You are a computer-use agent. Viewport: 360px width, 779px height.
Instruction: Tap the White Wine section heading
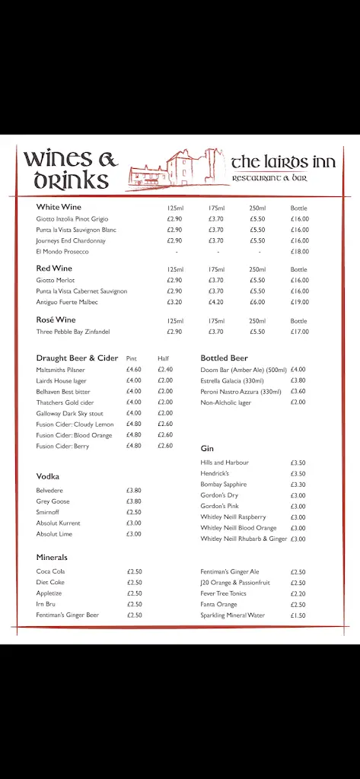pos(59,207)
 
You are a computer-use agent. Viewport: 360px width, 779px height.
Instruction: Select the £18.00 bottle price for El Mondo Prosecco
pos(299,252)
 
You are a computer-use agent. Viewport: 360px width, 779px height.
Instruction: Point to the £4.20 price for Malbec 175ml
pos(216,302)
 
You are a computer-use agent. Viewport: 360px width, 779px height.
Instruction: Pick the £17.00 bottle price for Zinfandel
pos(299,332)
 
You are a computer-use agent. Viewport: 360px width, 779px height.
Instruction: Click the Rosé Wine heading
pos(56,320)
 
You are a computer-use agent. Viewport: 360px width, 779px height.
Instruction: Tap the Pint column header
pos(132,358)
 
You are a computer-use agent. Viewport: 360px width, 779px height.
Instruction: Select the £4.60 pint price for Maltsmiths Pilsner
pos(134,370)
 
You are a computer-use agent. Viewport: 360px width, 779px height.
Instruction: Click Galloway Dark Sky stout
pos(69,413)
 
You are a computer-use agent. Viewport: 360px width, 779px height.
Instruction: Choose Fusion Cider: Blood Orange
pos(74,435)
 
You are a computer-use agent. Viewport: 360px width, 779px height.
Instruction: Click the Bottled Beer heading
pos(224,358)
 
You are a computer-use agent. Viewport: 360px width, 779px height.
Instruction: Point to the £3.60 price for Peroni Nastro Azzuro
pos(298,392)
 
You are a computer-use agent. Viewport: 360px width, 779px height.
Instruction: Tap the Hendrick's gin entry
pos(214,473)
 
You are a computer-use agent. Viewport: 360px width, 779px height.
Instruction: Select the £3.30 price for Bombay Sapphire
pos(298,485)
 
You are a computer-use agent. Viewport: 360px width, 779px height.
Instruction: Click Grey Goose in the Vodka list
pos(53,501)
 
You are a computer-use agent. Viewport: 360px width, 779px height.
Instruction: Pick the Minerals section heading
pos(52,558)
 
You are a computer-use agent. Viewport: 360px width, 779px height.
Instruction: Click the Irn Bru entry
pos(46,604)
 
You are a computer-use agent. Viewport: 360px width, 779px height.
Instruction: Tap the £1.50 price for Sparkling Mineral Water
pos(298,615)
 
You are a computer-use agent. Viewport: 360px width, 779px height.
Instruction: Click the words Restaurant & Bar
pos(269,178)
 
